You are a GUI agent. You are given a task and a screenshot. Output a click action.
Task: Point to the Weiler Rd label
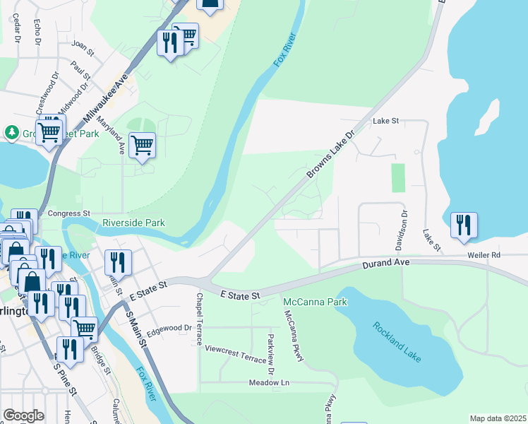[x=483, y=255]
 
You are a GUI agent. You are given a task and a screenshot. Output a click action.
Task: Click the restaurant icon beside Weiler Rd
[x=464, y=225]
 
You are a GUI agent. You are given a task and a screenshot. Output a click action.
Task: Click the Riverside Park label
[x=133, y=223]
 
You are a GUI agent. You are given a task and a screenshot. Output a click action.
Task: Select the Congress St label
[x=69, y=213]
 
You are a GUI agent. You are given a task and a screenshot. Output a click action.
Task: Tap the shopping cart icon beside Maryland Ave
[x=142, y=146]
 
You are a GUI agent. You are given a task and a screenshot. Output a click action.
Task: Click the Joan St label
[x=83, y=48]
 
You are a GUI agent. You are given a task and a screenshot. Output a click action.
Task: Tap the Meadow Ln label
[x=269, y=382]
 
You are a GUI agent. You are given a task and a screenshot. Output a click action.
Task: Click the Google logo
[x=23, y=416]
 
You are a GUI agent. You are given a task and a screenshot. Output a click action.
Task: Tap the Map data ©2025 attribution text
[x=497, y=418]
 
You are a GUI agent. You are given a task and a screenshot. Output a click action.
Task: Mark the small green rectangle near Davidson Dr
[x=398, y=177]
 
